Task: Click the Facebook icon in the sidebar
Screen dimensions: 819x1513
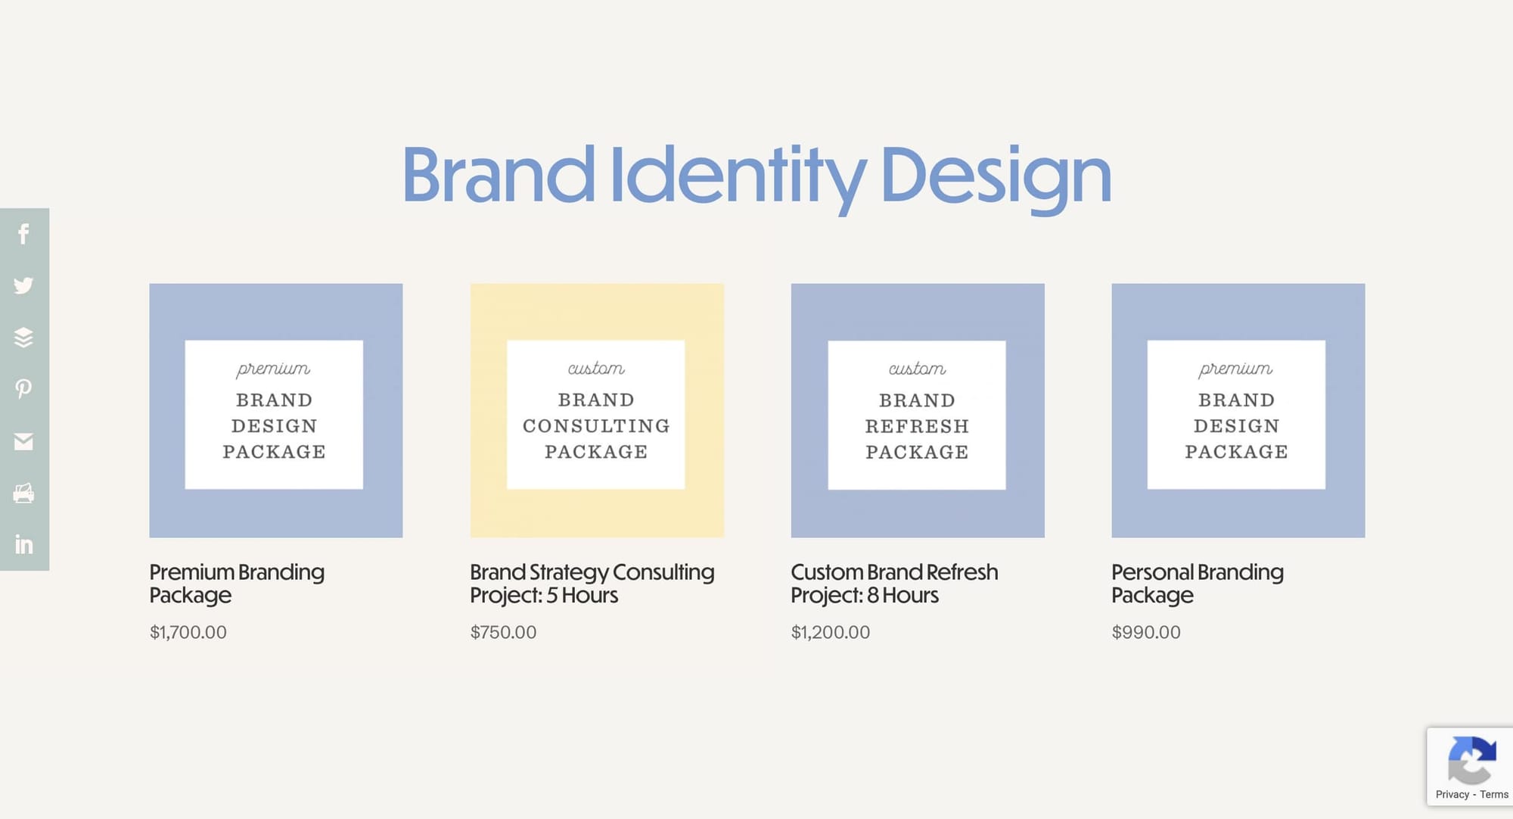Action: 23,234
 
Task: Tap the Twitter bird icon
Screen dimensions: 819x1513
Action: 23,285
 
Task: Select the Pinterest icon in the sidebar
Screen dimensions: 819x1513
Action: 23,389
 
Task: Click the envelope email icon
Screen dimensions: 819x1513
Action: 23,441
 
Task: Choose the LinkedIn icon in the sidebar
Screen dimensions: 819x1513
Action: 23,544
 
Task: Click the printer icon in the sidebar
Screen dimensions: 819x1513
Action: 23,494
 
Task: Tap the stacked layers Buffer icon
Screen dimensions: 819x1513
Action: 23,338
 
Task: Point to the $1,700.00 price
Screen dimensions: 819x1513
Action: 188,632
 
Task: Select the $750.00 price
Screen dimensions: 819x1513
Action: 503,632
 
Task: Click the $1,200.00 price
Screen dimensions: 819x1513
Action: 830,632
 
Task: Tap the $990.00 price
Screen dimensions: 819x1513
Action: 1145,632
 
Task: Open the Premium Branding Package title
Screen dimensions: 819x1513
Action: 236,583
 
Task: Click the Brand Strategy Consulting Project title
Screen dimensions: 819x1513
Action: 592,583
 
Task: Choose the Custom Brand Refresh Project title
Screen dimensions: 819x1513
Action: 894,583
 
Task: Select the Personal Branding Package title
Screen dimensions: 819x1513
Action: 1197,583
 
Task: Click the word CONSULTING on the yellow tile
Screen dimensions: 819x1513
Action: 596,426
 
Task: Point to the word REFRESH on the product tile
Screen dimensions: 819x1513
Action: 917,427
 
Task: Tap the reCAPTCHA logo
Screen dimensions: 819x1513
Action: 1471,761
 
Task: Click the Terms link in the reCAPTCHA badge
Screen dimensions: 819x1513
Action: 1493,794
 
